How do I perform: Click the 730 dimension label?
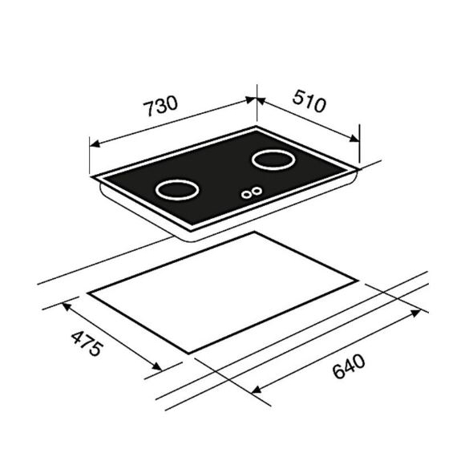[x=161, y=105]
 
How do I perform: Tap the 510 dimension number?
[x=309, y=101]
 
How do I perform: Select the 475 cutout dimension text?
[x=87, y=343]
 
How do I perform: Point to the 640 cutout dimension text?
[x=349, y=366]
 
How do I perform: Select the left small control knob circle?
[x=246, y=195]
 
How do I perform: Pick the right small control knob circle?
[x=257, y=191]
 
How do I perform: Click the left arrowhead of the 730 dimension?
[x=94, y=144]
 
